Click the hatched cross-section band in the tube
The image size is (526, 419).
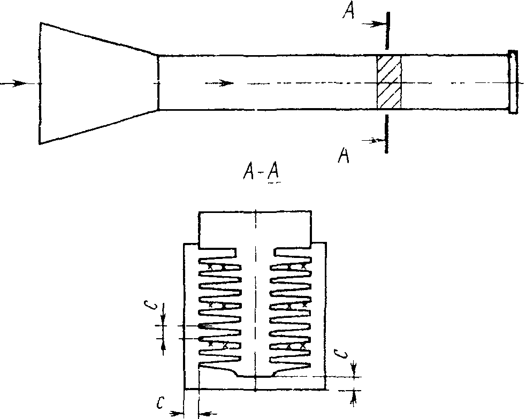click(x=389, y=82)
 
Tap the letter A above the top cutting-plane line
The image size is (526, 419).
click(x=349, y=11)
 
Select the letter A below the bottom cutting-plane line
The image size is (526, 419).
click(x=344, y=155)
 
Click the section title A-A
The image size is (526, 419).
click(x=261, y=173)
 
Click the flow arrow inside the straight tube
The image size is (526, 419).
click(x=219, y=83)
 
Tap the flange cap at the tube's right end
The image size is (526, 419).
click(x=513, y=82)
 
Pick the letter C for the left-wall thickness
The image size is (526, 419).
click(x=161, y=403)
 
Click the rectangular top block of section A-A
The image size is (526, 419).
click(x=255, y=229)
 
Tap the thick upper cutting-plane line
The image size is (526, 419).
click(x=387, y=31)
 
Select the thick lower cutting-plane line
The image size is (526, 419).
click(x=386, y=134)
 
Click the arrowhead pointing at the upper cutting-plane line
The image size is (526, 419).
click(x=378, y=24)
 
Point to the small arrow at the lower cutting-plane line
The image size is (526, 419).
click(x=376, y=141)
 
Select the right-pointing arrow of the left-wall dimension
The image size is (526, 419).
click(x=177, y=413)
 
